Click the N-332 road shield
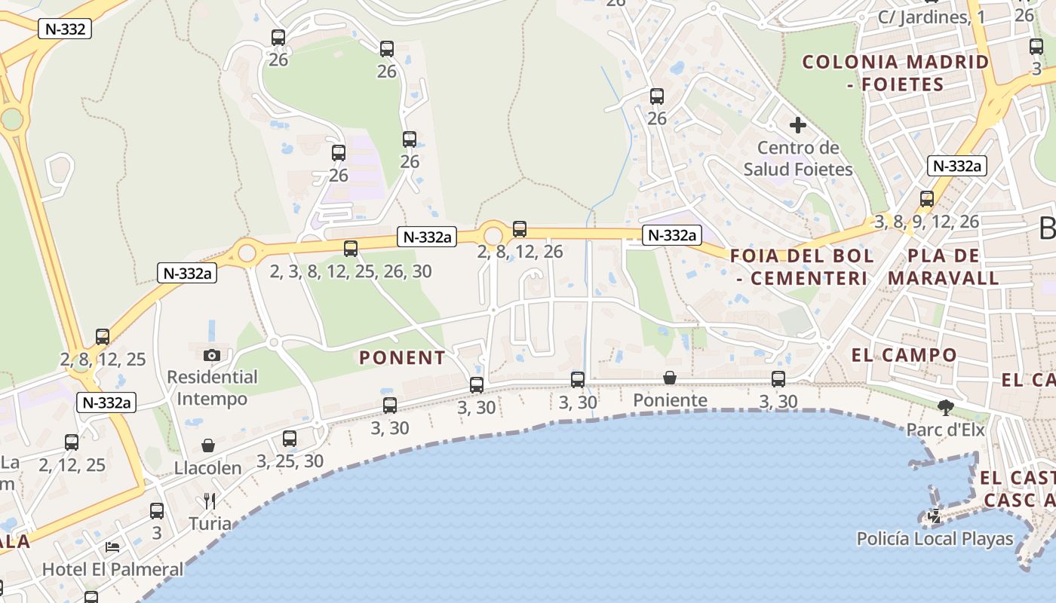pos(64,29)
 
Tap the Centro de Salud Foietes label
pos(798,158)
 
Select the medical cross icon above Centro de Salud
pos(798,125)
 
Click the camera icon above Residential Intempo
pos(212,355)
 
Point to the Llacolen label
pos(208,468)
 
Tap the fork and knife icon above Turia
pos(210,500)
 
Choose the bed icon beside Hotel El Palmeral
pos(112,546)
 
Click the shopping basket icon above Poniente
pos(670,378)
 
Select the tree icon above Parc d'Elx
pos(945,409)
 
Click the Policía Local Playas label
pos(935,539)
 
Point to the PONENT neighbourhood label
pos(402,358)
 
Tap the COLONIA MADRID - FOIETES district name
pos(895,73)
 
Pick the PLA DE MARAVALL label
pos(943,267)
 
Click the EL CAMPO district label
pos(904,355)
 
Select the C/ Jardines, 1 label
pos(932,17)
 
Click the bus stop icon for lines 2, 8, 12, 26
pos(520,229)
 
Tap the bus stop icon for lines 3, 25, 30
pos(290,439)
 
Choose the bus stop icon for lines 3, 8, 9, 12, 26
pos(927,199)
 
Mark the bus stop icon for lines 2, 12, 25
pos(72,442)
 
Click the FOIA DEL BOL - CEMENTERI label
pos(802,267)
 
